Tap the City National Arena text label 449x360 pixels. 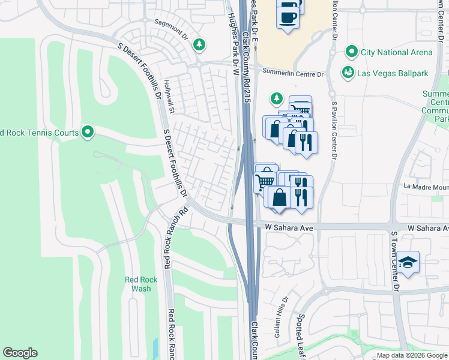[396, 52]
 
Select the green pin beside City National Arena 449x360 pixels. [351, 52]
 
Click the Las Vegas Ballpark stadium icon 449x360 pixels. [348, 73]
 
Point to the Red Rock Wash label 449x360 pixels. [141, 284]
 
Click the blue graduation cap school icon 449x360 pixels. [408, 262]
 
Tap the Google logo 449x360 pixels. [20, 352]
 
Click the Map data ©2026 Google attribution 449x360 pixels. [412, 355]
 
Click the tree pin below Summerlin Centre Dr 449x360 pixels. [276, 97]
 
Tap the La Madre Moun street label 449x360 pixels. [426, 187]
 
